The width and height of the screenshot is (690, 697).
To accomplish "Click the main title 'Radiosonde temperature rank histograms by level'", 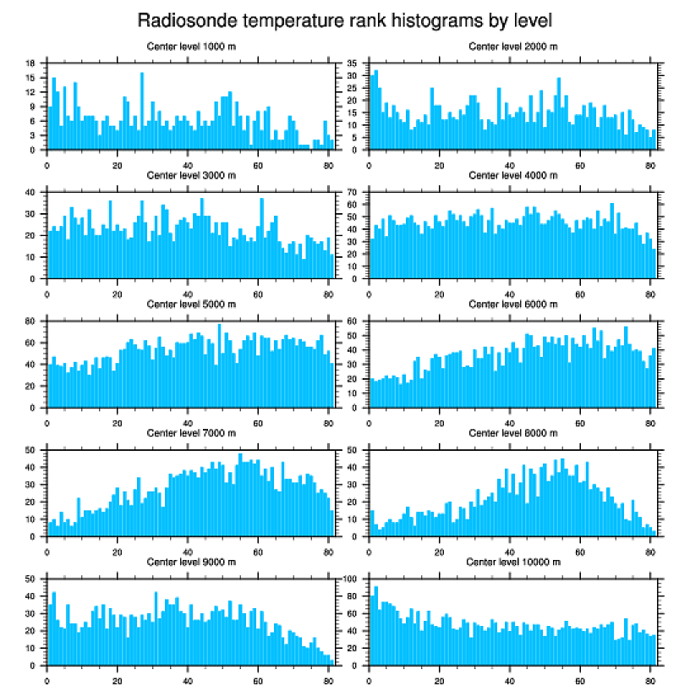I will tap(344, 19).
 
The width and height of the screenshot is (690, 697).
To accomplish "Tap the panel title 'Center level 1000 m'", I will tap(191, 47).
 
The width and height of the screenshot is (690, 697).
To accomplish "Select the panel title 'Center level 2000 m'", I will tap(512, 47).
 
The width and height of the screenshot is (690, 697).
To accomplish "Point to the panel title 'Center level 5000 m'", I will tap(191, 304).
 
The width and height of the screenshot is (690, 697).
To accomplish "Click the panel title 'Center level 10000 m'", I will tap(512, 562).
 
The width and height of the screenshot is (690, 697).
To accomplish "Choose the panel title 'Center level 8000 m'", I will tap(512, 433).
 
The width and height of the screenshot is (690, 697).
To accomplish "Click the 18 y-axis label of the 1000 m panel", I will tap(30, 63).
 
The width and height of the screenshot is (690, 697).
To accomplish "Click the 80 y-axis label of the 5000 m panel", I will tap(30, 321).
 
